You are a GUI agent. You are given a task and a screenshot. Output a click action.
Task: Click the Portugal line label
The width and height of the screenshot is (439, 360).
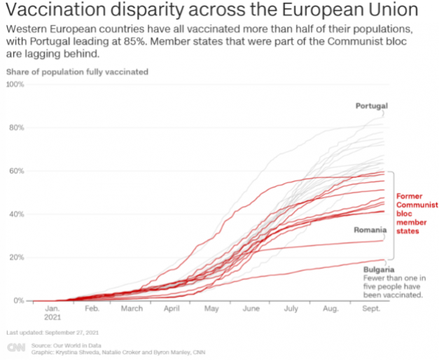371,106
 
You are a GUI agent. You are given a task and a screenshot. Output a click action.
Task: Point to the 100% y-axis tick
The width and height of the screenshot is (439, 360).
15,85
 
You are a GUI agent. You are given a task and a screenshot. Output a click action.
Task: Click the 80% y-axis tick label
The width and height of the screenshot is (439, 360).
16,127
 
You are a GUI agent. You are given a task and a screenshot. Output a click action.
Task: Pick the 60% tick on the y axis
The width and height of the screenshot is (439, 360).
16,171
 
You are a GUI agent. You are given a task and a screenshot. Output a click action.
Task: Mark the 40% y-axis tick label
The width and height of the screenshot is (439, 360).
16,214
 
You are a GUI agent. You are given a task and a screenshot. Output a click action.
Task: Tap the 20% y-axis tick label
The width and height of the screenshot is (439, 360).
16,258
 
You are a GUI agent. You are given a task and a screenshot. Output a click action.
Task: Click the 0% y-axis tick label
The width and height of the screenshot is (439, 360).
18,300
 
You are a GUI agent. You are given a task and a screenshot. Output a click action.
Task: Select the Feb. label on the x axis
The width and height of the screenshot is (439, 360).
92,308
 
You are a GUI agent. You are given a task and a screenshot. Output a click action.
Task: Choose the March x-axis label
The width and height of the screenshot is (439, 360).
132,308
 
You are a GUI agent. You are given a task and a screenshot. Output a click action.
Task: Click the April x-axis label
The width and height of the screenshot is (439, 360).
172,308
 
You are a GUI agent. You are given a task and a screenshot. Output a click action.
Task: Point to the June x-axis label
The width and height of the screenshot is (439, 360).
251,308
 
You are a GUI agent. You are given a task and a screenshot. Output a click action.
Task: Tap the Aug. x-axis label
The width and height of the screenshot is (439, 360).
330,308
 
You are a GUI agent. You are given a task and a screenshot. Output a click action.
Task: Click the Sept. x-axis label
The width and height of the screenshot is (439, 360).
370,308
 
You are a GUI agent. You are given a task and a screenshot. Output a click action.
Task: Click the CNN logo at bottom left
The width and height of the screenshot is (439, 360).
16,348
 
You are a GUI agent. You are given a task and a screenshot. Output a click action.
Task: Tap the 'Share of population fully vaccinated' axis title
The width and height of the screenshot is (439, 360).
77,71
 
